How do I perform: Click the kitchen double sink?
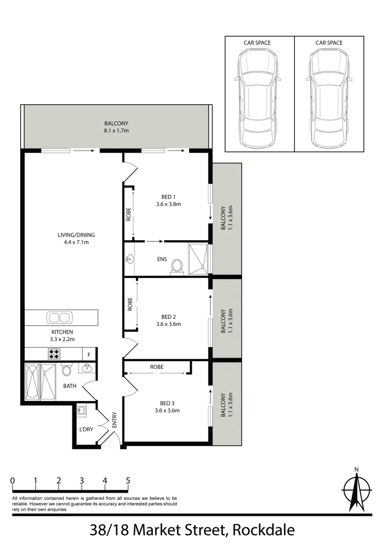(x=59, y=318)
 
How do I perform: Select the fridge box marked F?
(x=90, y=355)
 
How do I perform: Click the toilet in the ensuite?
(x=177, y=266)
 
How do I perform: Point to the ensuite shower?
(x=198, y=259)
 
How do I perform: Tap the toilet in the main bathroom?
(x=66, y=370)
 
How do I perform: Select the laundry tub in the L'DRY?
(x=82, y=411)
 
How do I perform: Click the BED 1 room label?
(x=168, y=196)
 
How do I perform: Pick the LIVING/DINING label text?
(x=76, y=235)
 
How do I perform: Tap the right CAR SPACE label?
(x=329, y=43)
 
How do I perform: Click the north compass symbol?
(x=356, y=489)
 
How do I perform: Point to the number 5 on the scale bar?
(x=128, y=481)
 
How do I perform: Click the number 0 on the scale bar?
(x=12, y=481)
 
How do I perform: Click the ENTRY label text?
(x=114, y=420)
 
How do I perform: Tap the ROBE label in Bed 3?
(x=157, y=367)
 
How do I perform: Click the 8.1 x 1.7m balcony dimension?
(x=116, y=132)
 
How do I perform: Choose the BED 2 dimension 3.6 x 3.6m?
(x=168, y=324)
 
